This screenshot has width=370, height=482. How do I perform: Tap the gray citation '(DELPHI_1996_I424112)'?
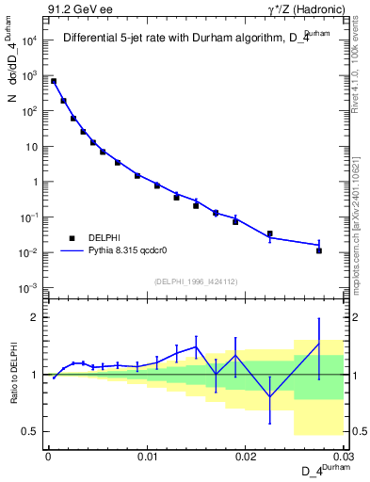[196, 281]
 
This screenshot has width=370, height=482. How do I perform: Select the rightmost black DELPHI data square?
[319, 250]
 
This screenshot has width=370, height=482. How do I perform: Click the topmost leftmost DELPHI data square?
[54, 82]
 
